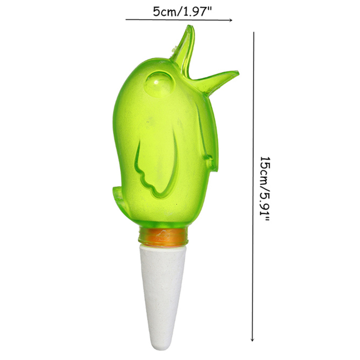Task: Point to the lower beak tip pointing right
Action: pos(238,73)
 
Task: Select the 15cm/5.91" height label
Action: pos(265,189)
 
